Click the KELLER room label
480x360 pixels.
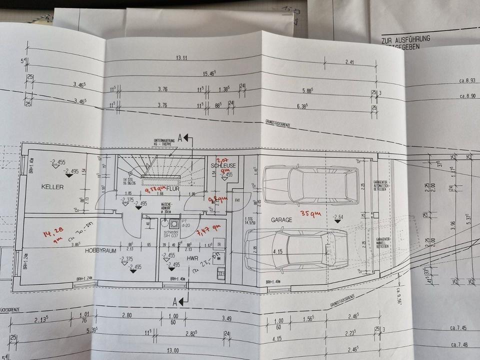tap(52, 187)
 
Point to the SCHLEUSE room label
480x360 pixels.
tap(223, 165)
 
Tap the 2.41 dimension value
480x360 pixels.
tap(349, 63)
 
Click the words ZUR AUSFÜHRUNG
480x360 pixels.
tap(405, 38)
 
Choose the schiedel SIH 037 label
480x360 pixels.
tap(175, 235)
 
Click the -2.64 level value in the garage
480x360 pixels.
tap(340, 216)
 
